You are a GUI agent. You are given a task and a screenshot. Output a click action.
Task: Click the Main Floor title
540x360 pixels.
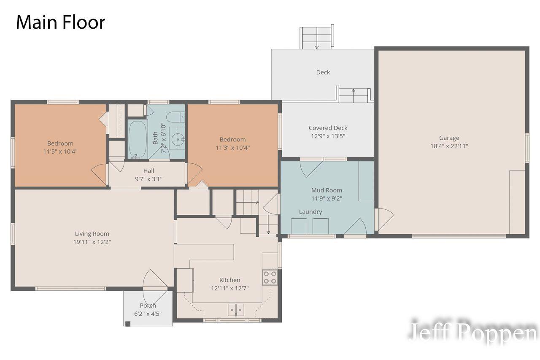(x=60, y=22)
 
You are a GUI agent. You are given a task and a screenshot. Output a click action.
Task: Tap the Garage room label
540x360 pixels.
(x=449, y=138)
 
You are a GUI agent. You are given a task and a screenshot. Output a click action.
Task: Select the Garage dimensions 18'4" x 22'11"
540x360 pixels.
(x=449, y=146)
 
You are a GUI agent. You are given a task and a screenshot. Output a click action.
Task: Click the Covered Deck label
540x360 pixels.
(x=328, y=128)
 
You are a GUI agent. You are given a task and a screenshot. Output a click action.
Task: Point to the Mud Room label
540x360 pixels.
(x=327, y=190)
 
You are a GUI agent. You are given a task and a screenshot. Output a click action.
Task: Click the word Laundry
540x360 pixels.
(x=310, y=212)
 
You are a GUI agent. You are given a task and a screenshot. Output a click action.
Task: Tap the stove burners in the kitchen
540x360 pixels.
(x=270, y=278)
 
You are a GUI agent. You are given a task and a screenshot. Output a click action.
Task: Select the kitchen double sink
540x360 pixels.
(x=236, y=310)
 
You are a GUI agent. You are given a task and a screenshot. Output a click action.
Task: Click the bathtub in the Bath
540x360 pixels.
(x=138, y=139)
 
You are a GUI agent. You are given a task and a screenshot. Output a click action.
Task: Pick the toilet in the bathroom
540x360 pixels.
(x=175, y=117)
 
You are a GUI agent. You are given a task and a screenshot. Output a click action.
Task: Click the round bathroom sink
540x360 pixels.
(x=178, y=139)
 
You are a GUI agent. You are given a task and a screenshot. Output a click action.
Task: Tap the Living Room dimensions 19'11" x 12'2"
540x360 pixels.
(x=92, y=242)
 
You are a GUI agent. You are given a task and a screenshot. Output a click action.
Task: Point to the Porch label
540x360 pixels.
(x=148, y=306)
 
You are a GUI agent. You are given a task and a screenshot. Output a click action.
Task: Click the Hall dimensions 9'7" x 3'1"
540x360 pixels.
(x=148, y=179)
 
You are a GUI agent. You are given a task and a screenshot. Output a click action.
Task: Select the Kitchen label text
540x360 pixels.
(x=229, y=280)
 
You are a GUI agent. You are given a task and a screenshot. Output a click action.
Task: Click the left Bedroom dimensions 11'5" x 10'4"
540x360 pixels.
(x=60, y=152)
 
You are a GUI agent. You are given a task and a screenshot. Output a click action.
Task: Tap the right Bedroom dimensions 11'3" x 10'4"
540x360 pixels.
(x=232, y=148)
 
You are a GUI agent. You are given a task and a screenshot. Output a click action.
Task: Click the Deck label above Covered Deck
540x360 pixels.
(x=323, y=72)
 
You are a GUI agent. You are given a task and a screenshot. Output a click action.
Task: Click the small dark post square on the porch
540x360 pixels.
(x=128, y=324)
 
